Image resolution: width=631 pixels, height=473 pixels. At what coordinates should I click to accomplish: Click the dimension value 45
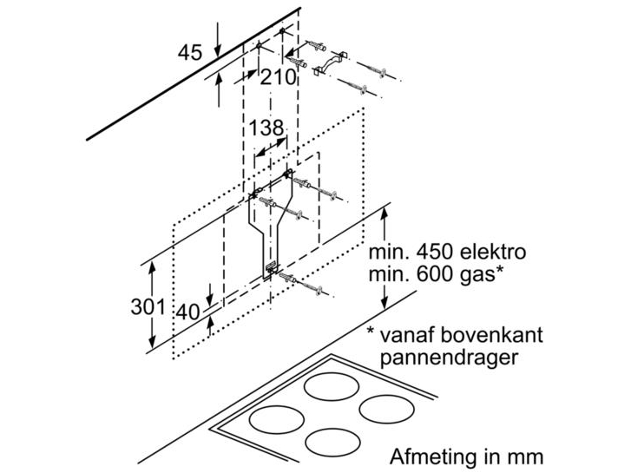pyautogui.click(x=190, y=52)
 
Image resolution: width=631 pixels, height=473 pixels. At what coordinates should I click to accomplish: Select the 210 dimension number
pyautogui.click(x=278, y=77)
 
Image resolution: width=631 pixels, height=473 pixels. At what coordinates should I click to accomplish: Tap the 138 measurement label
pyautogui.click(x=266, y=128)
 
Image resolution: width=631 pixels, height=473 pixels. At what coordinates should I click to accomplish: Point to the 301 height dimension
pyautogui.click(x=148, y=307)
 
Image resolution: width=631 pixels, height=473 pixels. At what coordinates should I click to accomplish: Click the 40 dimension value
pyautogui.click(x=188, y=312)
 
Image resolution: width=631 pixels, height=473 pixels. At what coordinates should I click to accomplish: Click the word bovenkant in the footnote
pyautogui.click(x=491, y=335)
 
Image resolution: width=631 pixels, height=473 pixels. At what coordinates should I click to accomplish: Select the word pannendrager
pyautogui.click(x=449, y=358)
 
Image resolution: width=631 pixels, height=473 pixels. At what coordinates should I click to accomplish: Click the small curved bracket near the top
pyautogui.click(x=330, y=63)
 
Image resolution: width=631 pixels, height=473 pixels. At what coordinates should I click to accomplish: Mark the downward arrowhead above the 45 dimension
pyautogui.click(x=217, y=51)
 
